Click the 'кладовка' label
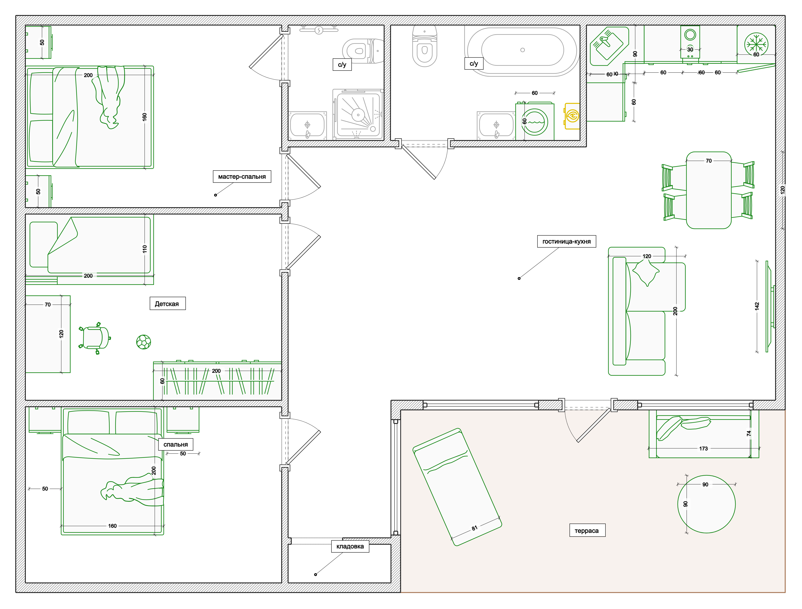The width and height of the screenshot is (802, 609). point(350,546)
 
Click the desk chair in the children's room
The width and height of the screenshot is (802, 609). point(95,338)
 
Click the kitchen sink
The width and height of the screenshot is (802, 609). point(609,46)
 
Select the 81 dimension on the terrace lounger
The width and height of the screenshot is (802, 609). point(474,528)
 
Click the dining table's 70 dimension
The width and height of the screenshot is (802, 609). point(709,161)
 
